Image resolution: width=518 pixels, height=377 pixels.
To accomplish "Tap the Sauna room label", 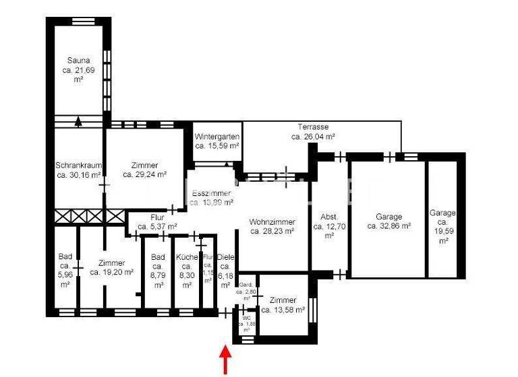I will click(x=78, y=70).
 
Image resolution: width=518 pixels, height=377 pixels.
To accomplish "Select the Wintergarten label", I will click(x=217, y=141).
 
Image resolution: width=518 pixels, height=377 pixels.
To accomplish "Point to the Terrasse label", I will click(x=313, y=131).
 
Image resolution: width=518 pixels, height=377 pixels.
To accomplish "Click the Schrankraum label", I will click(x=78, y=170).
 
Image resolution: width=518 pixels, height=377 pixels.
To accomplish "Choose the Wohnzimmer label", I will click(x=272, y=226).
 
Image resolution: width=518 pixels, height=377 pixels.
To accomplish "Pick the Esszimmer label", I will click(x=211, y=197).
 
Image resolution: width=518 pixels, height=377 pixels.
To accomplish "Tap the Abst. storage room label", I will click(x=328, y=226).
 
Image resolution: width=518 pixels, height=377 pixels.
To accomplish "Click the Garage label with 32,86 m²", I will click(x=389, y=221).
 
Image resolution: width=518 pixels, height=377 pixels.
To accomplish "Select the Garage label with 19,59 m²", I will click(x=442, y=226).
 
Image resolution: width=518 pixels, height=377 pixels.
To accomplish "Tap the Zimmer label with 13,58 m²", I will click(x=283, y=305).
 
